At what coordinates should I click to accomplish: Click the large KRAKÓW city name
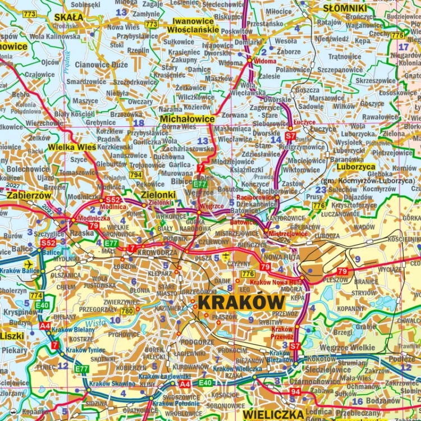point(241,301)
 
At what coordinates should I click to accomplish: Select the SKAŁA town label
point(68,17)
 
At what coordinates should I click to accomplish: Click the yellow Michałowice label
point(187,119)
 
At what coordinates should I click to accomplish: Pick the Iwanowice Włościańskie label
point(193,25)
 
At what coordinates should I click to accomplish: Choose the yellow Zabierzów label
point(29,195)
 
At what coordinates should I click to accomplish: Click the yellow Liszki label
point(12,336)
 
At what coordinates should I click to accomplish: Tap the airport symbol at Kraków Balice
point(29,263)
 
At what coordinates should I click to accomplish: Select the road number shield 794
point(135,175)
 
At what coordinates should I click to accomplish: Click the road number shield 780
point(127,310)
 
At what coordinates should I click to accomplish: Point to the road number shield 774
point(36,295)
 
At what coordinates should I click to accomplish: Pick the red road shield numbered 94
point(296,391)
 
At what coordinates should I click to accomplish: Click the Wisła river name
point(95,323)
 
